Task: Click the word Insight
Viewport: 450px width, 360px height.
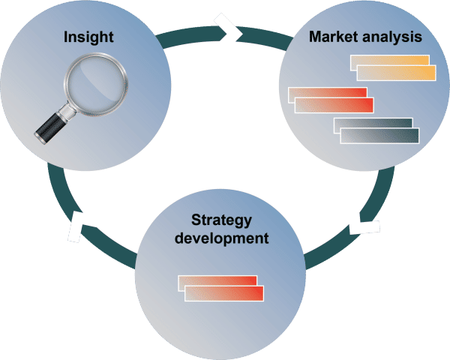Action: [x=88, y=37]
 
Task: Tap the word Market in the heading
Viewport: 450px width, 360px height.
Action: [x=333, y=37]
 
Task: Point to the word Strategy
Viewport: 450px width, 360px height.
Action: [x=221, y=220]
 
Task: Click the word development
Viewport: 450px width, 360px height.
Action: [x=221, y=238]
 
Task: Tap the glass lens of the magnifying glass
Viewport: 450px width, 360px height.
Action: [x=95, y=84]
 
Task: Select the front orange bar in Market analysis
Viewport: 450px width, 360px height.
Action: [x=396, y=73]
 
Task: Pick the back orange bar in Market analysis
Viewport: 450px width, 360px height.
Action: [x=389, y=60]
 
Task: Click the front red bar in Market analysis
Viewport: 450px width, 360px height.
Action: [x=334, y=105]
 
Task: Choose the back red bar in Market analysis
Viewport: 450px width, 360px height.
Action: [x=328, y=92]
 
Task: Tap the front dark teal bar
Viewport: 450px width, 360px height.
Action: [x=379, y=136]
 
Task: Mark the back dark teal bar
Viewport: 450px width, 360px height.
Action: [x=373, y=122]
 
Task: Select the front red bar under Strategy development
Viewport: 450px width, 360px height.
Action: [x=224, y=293]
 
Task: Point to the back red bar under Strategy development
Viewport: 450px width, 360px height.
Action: [x=217, y=280]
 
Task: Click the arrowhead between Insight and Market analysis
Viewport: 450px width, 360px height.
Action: [x=229, y=32]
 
